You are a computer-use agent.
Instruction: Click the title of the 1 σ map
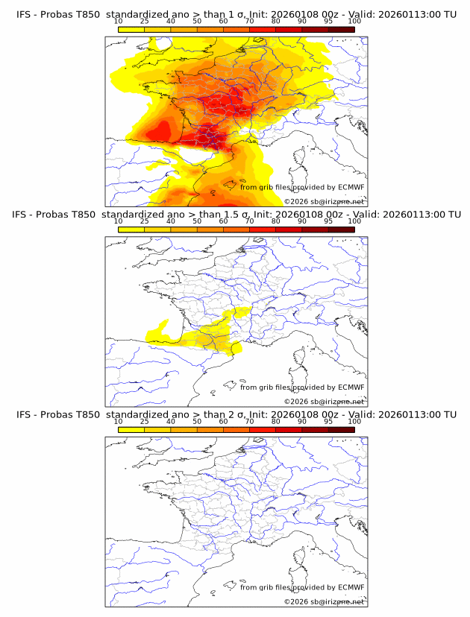236,14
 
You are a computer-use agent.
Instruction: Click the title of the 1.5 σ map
236,214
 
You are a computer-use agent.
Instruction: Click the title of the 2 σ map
236,414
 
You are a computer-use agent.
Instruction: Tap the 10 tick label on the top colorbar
118,21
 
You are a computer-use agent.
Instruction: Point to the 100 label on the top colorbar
354,21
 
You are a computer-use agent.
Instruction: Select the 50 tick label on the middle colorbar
197,221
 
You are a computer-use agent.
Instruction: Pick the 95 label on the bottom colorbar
328,421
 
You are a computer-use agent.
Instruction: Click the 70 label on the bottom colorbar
249,421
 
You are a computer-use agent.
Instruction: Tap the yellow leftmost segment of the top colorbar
131,29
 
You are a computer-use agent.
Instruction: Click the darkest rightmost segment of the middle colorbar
341,230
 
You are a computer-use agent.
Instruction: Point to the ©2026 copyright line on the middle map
325,401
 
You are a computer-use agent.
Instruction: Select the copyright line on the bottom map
325,601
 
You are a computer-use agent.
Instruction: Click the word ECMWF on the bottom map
351,587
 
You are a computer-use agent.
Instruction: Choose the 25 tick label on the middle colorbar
144,221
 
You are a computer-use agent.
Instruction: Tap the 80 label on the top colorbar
276,21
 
